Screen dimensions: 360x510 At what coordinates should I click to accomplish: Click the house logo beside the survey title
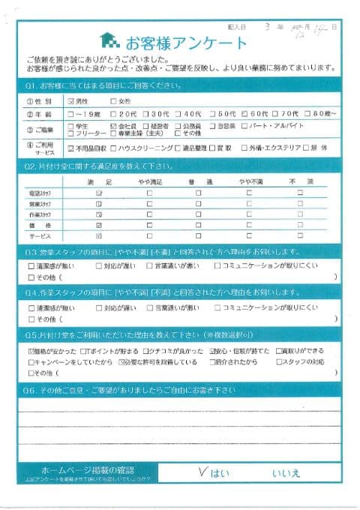108,39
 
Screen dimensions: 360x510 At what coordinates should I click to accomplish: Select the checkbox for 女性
113,100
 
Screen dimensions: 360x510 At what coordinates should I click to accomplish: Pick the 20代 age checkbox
113,113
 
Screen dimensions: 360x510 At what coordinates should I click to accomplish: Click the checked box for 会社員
113,125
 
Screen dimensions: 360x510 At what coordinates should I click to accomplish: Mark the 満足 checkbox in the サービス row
99,235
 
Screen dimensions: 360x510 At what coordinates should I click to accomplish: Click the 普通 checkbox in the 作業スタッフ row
198,214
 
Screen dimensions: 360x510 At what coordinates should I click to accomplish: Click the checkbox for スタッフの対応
279,361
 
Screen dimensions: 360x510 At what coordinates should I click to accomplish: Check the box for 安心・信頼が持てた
211,351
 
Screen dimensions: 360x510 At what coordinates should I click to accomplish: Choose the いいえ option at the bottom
286,472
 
